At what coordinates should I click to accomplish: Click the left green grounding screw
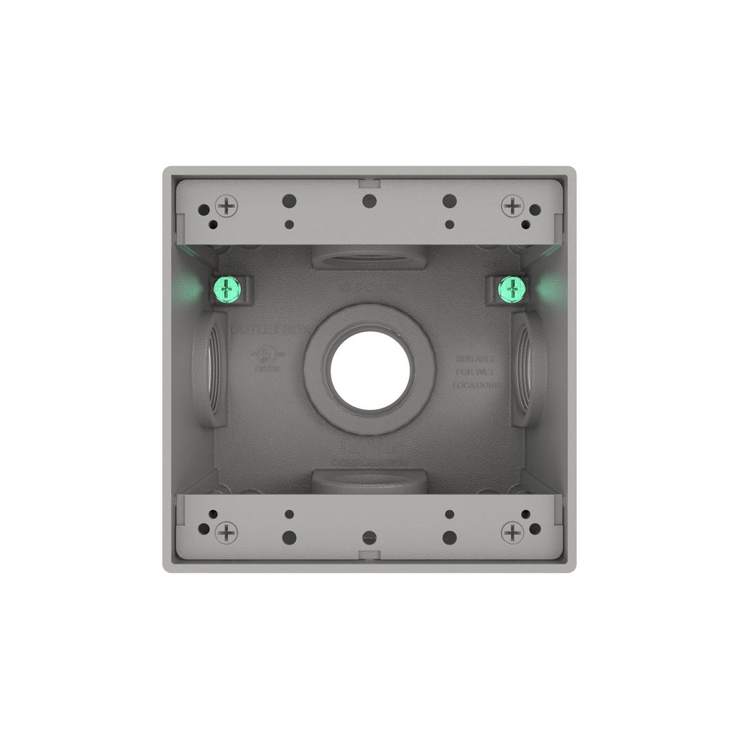click(x=227, y=290)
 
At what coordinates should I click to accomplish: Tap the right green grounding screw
click(x=512, y=290)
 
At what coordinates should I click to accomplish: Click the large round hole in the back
click(x=370, y=369)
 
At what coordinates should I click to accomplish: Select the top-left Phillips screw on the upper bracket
click(x=227, y=206)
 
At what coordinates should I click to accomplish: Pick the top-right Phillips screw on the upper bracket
click(x=512, y=206)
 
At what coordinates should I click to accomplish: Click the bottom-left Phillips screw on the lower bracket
click(x=227, y=533)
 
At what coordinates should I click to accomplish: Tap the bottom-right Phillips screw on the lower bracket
click(x=512, y=533)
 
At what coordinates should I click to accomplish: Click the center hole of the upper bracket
click(x=369, y=201)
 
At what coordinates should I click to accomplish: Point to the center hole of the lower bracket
click(x=369, y=538)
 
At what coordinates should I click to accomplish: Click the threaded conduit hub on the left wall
click(x=210, y=369)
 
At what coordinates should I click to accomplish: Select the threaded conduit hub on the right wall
click(x=530, y=369)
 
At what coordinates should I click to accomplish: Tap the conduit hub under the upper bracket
click(x=369, y=258)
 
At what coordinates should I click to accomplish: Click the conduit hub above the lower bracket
click(x=369, y=481)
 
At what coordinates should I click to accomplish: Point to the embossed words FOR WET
click(x=477, y=372)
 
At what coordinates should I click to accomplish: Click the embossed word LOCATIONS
click(x=476, y=385)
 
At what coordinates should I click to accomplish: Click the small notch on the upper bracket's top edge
click(x=369, y=181)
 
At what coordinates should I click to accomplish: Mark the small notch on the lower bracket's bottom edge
click(x=369, y=557)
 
